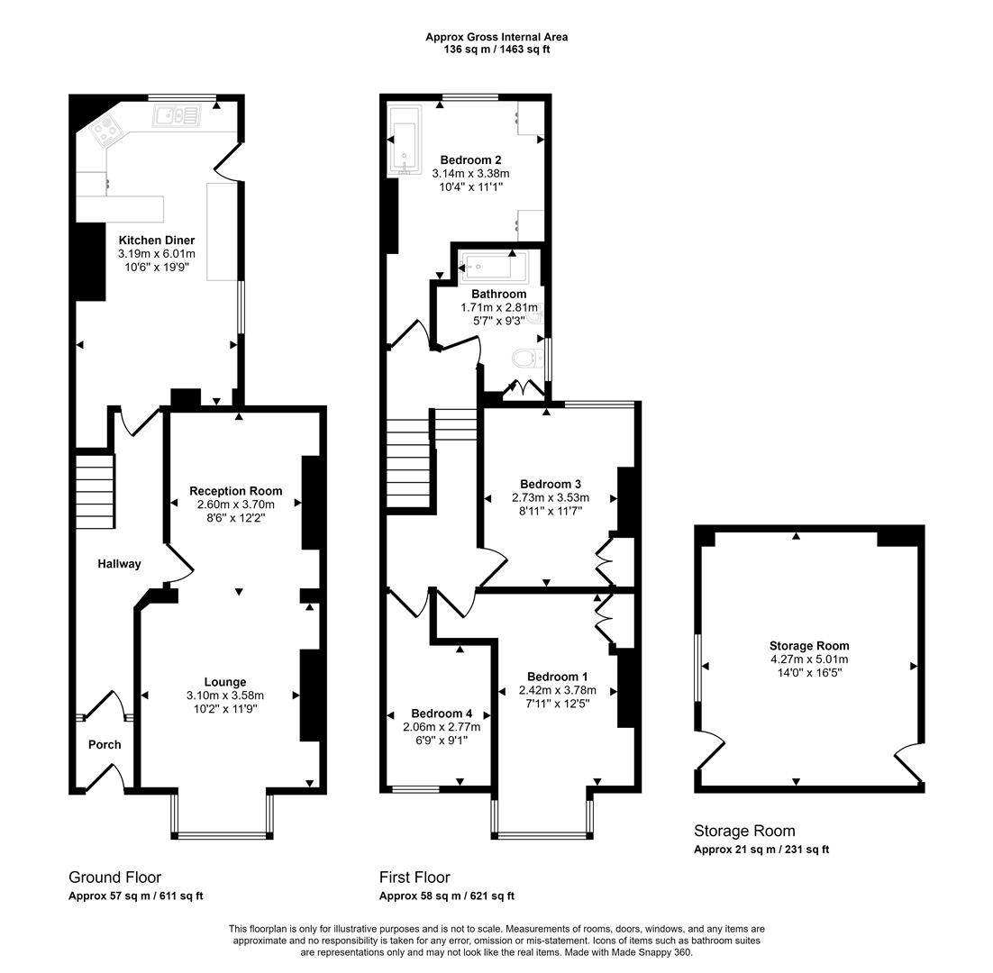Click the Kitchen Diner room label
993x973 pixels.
(157, 241)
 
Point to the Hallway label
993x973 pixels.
(119, 564)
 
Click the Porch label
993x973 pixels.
(104, 744)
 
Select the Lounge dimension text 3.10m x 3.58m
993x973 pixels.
(224, 696)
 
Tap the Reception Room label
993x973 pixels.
(235, 491)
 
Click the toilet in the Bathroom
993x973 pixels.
(525, 359)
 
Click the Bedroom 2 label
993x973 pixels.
(470, 159)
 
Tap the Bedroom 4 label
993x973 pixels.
(442, 713)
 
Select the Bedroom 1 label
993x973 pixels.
(558, 677)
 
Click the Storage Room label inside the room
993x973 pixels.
(808, 645)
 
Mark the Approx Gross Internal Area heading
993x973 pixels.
(496, 37)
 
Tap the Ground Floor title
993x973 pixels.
(114, 877)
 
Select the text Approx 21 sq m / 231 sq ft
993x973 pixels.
(761, 850)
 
